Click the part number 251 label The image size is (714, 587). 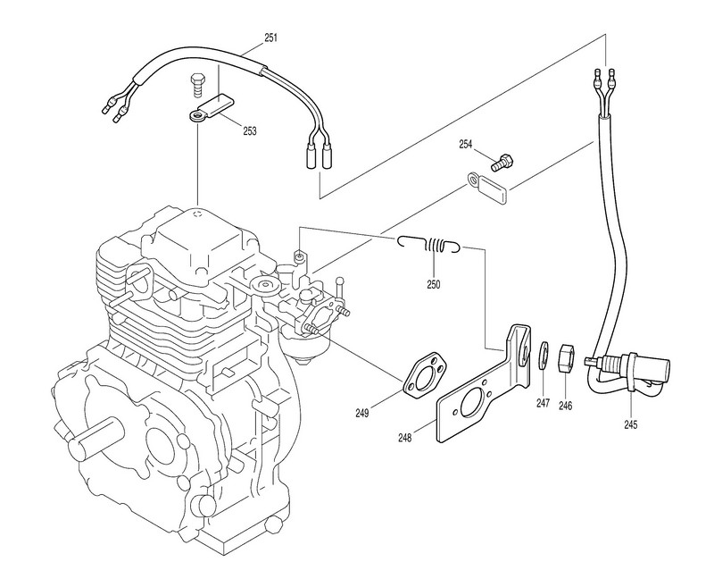coord(270,38)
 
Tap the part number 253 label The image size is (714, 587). coord(250,131)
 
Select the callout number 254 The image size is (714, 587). coord(465,145)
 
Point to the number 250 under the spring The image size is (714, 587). coord(434,284)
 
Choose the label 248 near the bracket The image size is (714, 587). coord(405,438)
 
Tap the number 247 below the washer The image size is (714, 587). coord(543,403)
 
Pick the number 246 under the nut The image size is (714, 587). coord(565,405)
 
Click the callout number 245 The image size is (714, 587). coord(631,424)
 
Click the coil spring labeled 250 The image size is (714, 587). coord(430,245)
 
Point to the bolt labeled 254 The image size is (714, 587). coord(503,163)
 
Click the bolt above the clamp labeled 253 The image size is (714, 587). coord(197,84)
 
